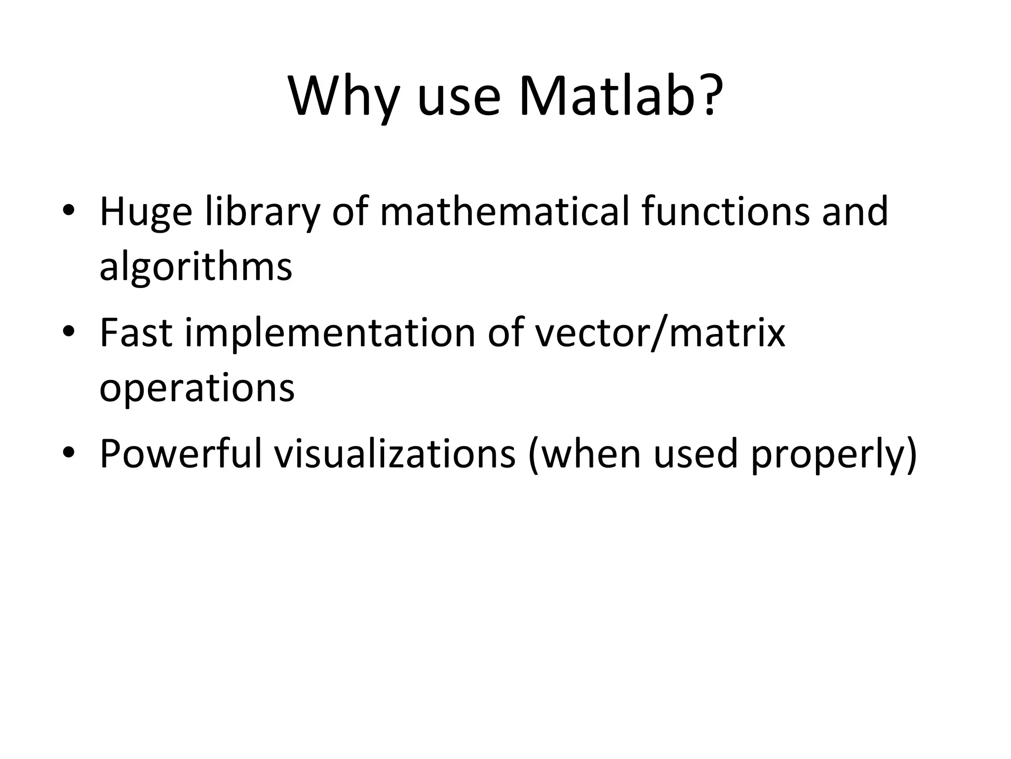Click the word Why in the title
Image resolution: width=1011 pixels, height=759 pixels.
tap(343, 96)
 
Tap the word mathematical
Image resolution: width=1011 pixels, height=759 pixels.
tap(504, 211)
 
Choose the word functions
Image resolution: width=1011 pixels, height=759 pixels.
tap(726, 211)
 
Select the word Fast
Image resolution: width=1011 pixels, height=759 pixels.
tap(136, 333)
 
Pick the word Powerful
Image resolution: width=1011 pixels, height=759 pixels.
tap(180, 454)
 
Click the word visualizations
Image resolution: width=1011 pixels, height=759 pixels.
tap(395, 454)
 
